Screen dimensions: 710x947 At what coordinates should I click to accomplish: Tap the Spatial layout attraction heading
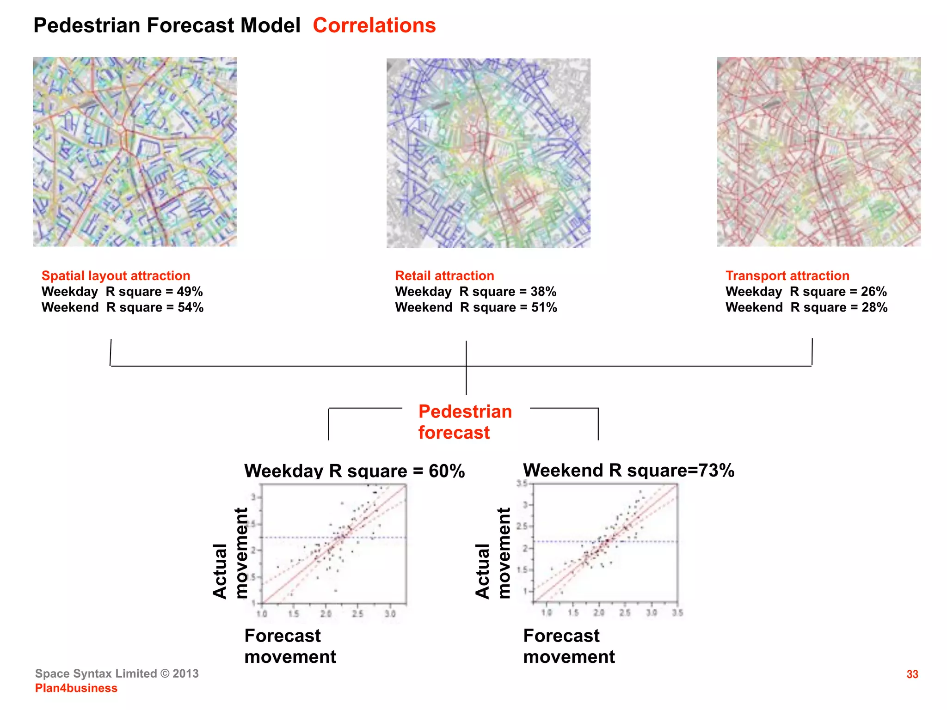pos(116,275)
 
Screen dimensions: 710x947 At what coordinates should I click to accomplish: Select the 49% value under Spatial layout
pos(190,292)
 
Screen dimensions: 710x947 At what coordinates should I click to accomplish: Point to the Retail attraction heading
pos(444,275)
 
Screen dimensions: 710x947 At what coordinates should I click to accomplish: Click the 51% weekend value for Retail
pos(544,307)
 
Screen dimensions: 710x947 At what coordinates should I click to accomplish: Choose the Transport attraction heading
pos(787,275)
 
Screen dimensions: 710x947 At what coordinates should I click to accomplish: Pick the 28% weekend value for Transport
pos(874,307)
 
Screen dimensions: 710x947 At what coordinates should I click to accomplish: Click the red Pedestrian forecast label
pos(464,422)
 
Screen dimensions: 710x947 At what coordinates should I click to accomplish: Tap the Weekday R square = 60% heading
pos(354,471)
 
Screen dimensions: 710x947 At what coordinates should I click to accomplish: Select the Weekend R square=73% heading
pos(628,470)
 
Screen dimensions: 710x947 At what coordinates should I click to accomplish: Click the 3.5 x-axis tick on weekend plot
pos(677,613)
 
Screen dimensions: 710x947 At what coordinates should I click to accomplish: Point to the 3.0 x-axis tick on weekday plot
pos(390,614)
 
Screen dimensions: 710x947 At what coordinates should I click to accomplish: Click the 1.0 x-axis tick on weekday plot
pos(262,614)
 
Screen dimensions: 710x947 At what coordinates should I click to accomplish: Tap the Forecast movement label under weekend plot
pos(569,646)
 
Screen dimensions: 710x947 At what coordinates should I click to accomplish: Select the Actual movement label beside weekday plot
pos(230,553)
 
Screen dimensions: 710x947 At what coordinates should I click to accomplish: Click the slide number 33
pos(912,674)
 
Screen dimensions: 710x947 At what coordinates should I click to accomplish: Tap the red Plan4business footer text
pos(76,688)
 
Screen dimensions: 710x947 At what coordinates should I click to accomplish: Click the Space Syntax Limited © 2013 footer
pos(117,673)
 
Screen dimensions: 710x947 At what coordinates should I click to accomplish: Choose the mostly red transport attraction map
pos(818,152)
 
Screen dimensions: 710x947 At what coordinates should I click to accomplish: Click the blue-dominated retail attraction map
pos(488,153)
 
